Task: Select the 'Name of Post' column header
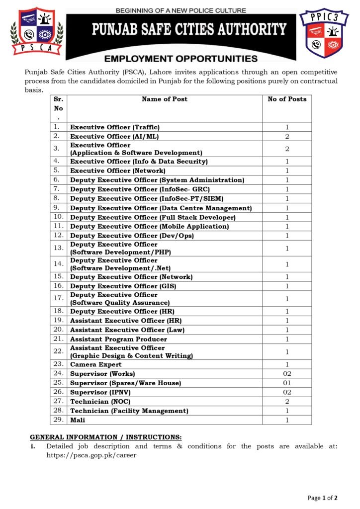click(165, 99)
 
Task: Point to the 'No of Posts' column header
click(287, 99)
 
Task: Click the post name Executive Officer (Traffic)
click(115, 127)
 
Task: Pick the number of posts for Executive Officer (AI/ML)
click(287, 136)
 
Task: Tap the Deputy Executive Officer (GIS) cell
click(123, 286)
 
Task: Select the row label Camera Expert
click(95, 364)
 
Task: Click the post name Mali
click(78, 420)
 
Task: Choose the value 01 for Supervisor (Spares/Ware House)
click(287, 383)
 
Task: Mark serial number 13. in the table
click(58, 248)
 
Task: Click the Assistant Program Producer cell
click(118, 339)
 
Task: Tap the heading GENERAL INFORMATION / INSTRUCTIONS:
click(106, 437)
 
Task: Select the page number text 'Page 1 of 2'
click(323, 498)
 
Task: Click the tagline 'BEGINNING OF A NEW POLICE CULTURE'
click(180, 10)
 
